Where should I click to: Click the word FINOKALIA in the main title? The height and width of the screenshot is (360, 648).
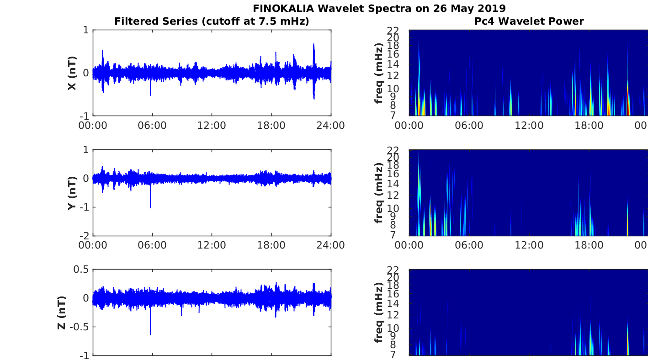tap(283, 8)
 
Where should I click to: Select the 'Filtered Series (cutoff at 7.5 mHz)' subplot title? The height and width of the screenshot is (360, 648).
tap(212, 21)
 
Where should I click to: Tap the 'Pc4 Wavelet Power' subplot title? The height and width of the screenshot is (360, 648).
tap(529, 21)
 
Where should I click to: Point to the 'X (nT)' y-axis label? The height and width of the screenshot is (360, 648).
tap(72, 73)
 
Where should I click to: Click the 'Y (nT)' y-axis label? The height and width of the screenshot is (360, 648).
tap(72, 193)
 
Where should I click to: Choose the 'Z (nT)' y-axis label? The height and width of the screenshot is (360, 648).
tap(62, 312)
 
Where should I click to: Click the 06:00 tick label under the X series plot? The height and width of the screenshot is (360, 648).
tap(152, 126)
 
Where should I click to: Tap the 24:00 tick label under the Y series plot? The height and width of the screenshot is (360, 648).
tap(330, 245)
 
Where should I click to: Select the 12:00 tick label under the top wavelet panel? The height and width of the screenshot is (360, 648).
tap(529, 126)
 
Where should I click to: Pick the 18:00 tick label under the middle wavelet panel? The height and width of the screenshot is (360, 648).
tap(589, 245)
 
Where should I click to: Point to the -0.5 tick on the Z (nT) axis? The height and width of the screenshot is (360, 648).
tap(81, 327)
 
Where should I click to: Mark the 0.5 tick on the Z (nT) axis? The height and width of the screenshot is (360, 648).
tap(81, 269)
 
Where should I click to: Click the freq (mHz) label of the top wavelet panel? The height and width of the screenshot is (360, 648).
tap(379, 73)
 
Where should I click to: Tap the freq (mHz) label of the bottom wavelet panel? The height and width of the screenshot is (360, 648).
tap(379, 312)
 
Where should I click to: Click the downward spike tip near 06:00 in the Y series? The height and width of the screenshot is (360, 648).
tap(150, 207)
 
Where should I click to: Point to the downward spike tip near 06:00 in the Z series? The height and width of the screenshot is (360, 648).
tap(150, 334)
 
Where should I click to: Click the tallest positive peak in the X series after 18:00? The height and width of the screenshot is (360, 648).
tap(313, 44)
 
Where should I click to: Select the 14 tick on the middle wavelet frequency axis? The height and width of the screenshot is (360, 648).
tap(393, 184)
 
